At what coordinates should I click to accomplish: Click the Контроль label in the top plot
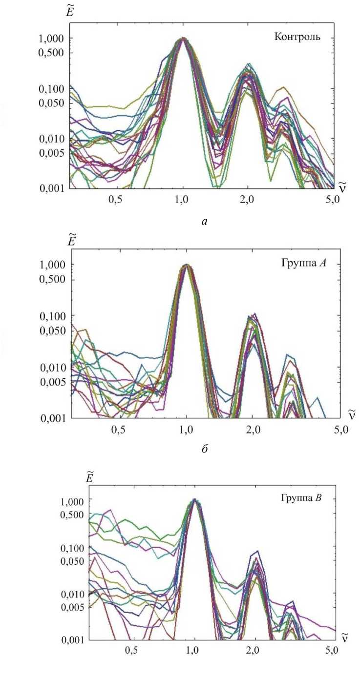click(x=297, y=37)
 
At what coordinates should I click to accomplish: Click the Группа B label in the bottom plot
click(x=300, y=498)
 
